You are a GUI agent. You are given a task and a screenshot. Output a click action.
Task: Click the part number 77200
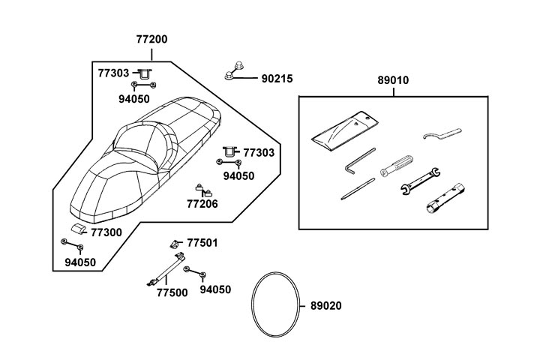(151, 39)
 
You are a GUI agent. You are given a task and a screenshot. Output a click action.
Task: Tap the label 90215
(277, 78)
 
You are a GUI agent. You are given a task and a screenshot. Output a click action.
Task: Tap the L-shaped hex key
(359, 161)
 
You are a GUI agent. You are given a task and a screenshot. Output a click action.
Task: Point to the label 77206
(202, 203)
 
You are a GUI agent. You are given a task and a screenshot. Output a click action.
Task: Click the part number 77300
(106, 232)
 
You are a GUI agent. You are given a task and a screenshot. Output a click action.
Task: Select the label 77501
(202, 243)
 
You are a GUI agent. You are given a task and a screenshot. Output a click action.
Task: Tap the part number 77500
(172, 292)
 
